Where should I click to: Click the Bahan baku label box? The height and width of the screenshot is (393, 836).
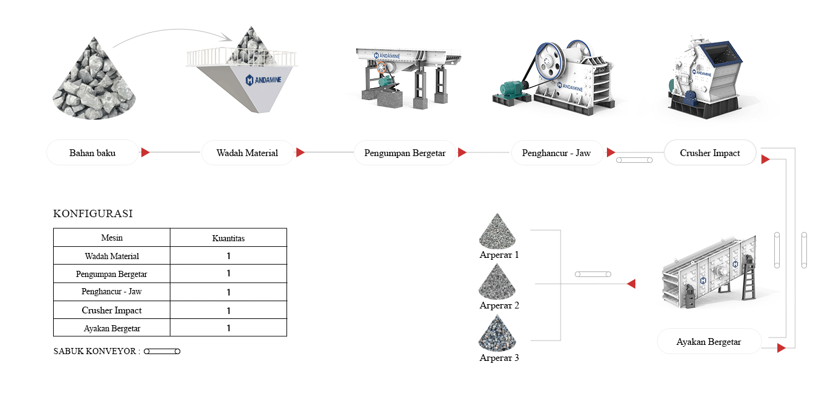point(93,152)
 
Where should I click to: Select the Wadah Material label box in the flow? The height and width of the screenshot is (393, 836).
point(247,152)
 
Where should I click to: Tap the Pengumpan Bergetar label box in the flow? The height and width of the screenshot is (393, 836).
point(404,152)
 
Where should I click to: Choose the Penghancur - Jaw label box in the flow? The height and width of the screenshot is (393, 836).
point(556,152)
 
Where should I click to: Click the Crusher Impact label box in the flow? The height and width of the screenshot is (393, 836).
point(709,152)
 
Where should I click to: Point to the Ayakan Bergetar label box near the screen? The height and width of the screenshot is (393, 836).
point(708,341)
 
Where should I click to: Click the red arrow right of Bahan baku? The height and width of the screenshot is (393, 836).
point(145,152)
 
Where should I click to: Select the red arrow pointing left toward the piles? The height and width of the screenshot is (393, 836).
point(631,284)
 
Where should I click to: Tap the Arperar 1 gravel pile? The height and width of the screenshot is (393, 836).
point(499,231)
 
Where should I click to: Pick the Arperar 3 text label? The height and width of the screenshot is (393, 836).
point(499,358)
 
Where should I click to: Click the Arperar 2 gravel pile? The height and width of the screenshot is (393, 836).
point(499,282)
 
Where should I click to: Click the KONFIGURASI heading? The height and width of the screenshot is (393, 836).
point(93,214)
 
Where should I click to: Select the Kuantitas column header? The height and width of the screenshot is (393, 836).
point(228,238)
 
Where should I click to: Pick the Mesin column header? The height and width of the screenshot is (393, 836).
point(112,238)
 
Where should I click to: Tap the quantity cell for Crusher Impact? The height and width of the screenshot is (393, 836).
point(228,310)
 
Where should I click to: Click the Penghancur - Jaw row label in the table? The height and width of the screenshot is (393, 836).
point(112,292)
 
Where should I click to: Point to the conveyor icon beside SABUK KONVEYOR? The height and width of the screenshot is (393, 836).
point(162,352)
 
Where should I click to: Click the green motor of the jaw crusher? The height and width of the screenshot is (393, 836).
point(512,89)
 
